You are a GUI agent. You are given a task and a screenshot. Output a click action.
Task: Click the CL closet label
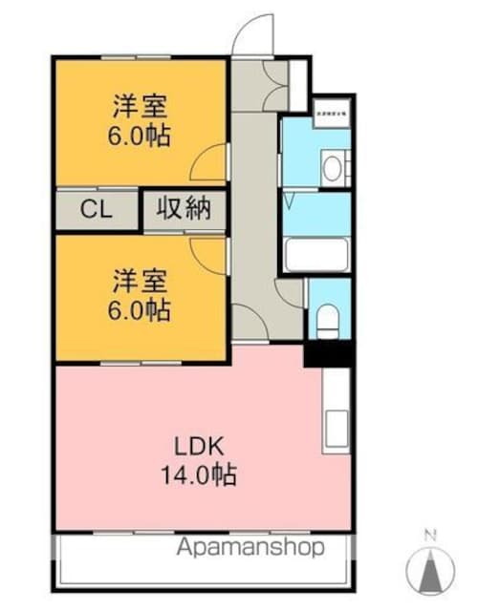pyautogui.click(x=95, y=210)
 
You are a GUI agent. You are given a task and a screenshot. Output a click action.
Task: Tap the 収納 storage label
pyautogui.click(x=184, y=210)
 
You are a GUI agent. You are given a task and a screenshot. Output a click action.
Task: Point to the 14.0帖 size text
pyautogui.click(x=200, y=474)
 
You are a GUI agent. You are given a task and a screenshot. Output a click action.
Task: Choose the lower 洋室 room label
pyautogui.click(x=140, y=282)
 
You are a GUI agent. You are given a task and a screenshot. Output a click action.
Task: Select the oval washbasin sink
pyautogui.click(x=332, y=169)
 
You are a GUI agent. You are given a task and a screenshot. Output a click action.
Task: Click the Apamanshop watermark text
pyautogui.click(x=250, y=548)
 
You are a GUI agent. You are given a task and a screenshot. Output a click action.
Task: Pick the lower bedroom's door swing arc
pyautogui.click(x=210, y=250)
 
